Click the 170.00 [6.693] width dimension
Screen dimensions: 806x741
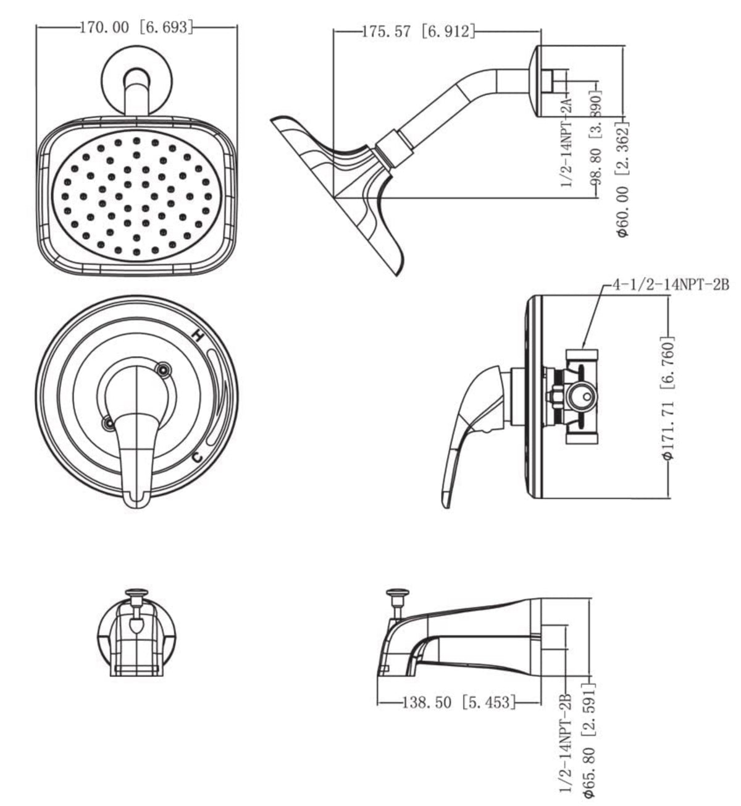[x=136, y=27]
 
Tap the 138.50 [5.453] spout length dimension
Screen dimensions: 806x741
[x=458, y=702]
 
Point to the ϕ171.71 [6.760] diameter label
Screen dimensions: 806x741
[x=668, y=398]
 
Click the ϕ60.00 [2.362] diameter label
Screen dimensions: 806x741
[x=622, y=179]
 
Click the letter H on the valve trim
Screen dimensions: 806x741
[x=197, y=336]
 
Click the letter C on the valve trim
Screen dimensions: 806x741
[x=196, y=457]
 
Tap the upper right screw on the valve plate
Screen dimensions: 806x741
[x=163, y=370]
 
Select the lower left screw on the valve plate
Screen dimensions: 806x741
[x=109, y=423]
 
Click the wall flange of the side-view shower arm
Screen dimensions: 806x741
[x=535, y=80]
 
